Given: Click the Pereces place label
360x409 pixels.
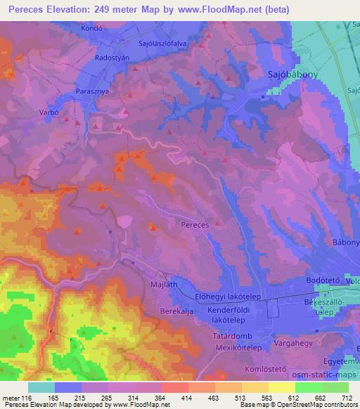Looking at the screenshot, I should tap(195, 225).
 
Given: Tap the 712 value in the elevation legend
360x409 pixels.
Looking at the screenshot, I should tap(344, 398).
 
